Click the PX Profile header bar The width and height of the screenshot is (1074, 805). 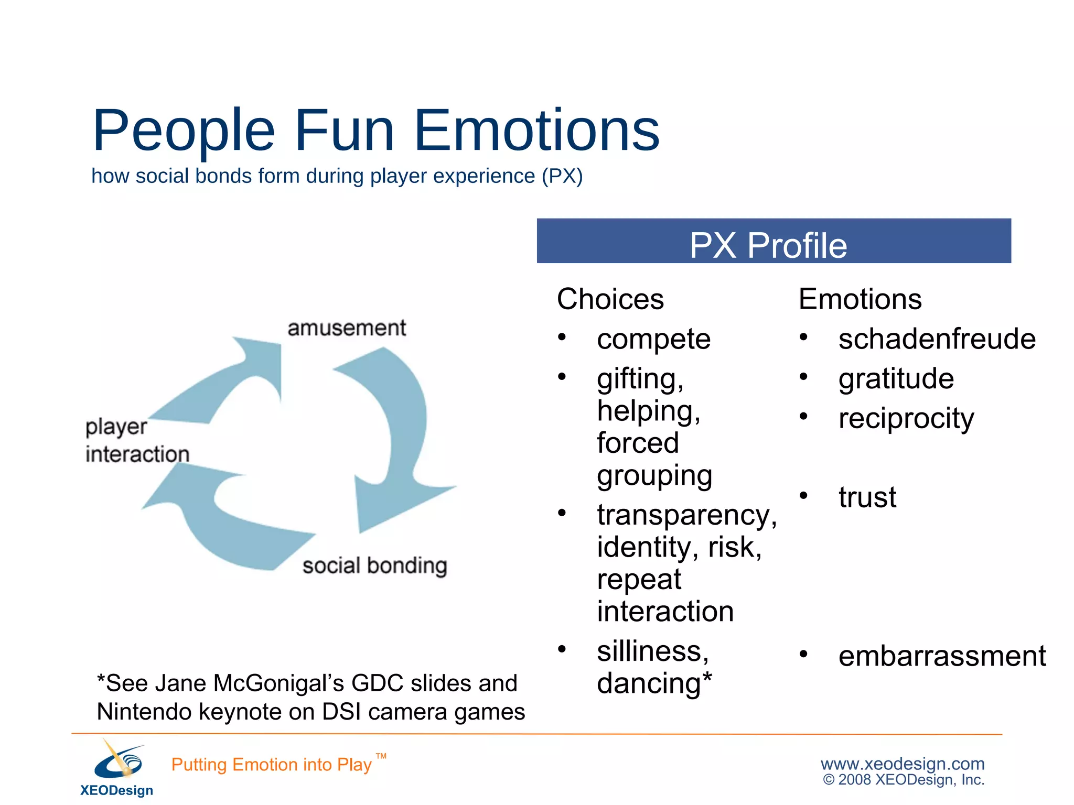(x=774, y=242)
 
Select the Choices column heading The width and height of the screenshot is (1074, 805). (x=610, y=299)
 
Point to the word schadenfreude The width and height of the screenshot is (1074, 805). (x=937, y=339)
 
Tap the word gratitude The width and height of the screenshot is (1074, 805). (x=896, y=378)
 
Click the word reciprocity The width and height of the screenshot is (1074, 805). (x=906, y=418)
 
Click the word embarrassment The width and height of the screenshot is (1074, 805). (x=942, y=656)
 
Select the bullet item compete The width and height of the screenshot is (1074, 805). (x=653, y=339)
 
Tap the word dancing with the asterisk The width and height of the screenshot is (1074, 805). (x=654, y=683)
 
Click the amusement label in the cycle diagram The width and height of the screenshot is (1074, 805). (x=347, y=328)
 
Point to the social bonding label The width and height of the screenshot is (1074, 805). (x=374, y=565)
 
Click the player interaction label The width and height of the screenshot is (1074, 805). (x=136, y=440)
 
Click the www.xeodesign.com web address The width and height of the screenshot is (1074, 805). (x=902, y=764)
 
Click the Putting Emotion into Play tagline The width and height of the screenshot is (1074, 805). (x=272, y=765)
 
